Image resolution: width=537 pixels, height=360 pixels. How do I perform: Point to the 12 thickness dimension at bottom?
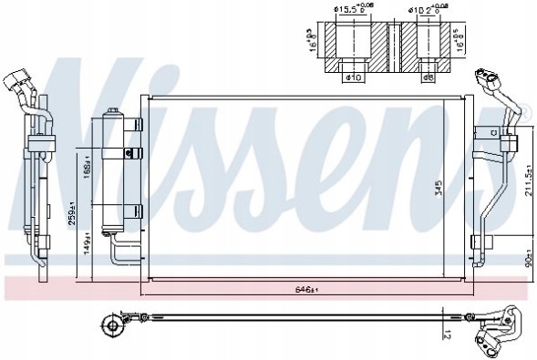[x=444, y=334]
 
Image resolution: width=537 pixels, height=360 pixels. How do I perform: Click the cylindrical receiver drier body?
[x=116, y=174]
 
